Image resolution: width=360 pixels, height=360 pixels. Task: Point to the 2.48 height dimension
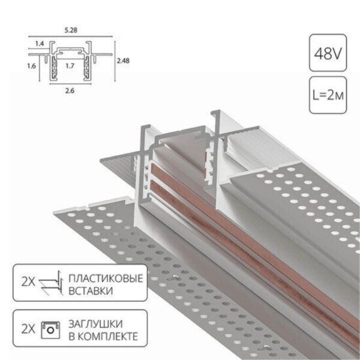[123, 60]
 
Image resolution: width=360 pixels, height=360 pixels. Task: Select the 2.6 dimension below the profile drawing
[69, 91]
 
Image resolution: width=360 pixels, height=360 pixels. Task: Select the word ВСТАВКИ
[90, 291]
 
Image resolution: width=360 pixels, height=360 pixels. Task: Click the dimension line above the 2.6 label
[69, 83]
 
